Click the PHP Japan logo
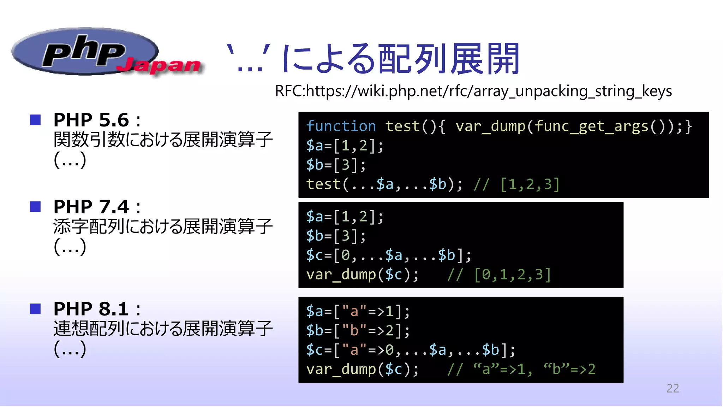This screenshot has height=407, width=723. pos(106,53)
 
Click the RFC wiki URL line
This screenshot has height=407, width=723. pos(473,91)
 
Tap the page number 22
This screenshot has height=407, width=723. pos(673,388)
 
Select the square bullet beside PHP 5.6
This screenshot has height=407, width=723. pos(35,120)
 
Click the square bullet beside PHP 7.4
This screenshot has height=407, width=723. pos(35,206)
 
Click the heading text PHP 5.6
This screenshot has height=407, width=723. pos(91,120)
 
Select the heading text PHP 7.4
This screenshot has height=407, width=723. pos(91,206)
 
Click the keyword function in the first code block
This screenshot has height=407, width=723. pos(341,126)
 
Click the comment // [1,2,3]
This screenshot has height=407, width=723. pos(516,184)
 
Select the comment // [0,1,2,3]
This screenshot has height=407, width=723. pos(499,275)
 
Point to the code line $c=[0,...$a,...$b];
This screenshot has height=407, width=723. pos(388,255)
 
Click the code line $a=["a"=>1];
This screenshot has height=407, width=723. pos(358,311)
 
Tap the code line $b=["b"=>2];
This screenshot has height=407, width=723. pos(358,331)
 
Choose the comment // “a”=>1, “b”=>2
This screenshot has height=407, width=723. pos(521,369)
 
